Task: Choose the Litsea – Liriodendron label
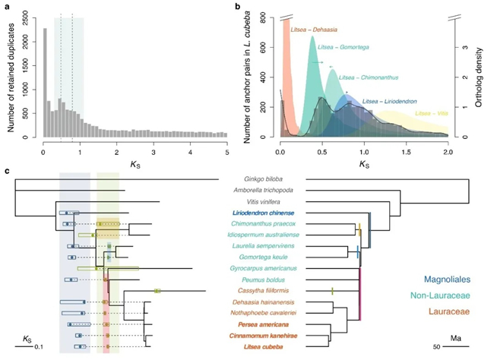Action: coord(394,101)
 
